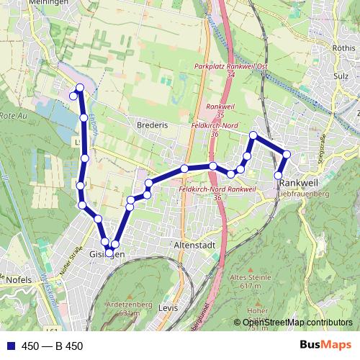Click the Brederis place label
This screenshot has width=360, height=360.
(x=151, y=125)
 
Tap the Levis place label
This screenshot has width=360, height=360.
(x=166, y=307)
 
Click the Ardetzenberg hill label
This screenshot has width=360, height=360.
(x=127, y=304)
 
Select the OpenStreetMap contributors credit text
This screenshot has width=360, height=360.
(x=298, y=322)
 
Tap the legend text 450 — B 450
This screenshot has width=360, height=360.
(x=53, y=346)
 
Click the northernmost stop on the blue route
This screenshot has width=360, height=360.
(x=80, y=88)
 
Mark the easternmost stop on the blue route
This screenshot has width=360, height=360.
(x=287, y=154)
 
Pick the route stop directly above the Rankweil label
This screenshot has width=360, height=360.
(x=279, y=175)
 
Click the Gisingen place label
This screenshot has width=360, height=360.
(x=108, y=256)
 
